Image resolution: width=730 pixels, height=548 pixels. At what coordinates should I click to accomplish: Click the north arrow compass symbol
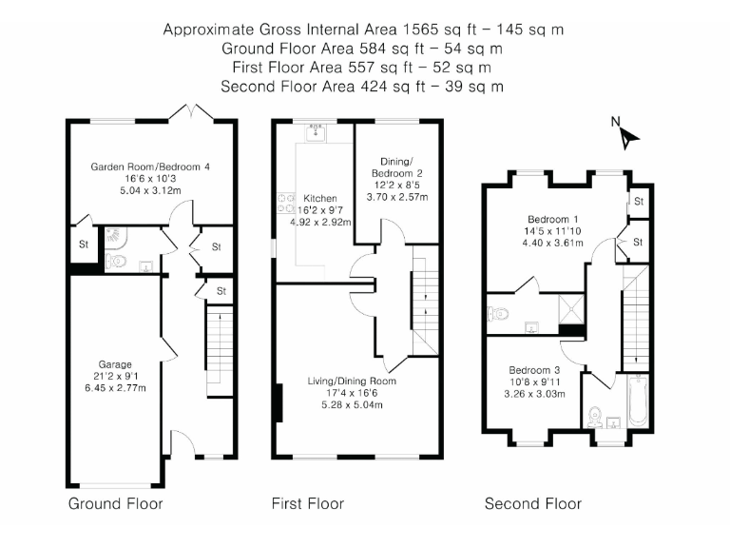[625, 134]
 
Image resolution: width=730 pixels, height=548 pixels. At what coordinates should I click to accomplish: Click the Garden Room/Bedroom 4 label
[150, 166]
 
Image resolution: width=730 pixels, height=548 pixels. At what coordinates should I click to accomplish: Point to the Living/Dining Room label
[352, 382]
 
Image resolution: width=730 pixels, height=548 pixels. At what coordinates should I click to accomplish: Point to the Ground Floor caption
[115, 503]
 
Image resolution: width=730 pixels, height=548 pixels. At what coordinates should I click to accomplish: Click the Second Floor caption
[533, 503]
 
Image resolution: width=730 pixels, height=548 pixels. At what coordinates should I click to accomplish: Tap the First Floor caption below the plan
[308, 503]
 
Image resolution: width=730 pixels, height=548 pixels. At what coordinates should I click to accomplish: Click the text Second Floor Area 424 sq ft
[362, 86]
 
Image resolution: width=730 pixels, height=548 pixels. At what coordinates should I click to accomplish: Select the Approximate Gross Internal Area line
[363, 29]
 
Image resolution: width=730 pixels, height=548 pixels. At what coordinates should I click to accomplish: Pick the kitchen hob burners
[285, 202]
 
